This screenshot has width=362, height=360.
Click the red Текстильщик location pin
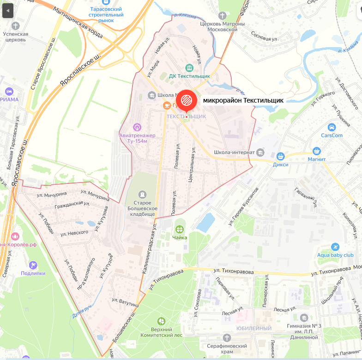[x=186, y=100]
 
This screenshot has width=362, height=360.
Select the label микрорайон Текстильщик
[x=243, y=100]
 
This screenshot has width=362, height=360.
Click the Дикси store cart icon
[x=280, y=156]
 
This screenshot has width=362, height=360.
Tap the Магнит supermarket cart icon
[x=317, y=151]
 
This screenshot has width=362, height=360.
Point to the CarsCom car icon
[x=332, y=127]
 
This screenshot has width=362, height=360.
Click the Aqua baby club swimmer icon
[x=335, y=246]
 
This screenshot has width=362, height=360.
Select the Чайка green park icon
[x=180, y=229]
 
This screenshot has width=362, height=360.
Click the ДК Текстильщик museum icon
[x=189, y=67]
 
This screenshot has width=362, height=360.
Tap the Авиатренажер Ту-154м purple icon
[x=137, y=126]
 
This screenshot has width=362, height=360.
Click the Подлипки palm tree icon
[x=33, y=265]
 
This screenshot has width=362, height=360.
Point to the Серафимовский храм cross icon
[x=226, y=338]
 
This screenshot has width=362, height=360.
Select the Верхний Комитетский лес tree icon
[x=161, y=321]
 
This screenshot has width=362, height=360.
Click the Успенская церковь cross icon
[x=15, y=26]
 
